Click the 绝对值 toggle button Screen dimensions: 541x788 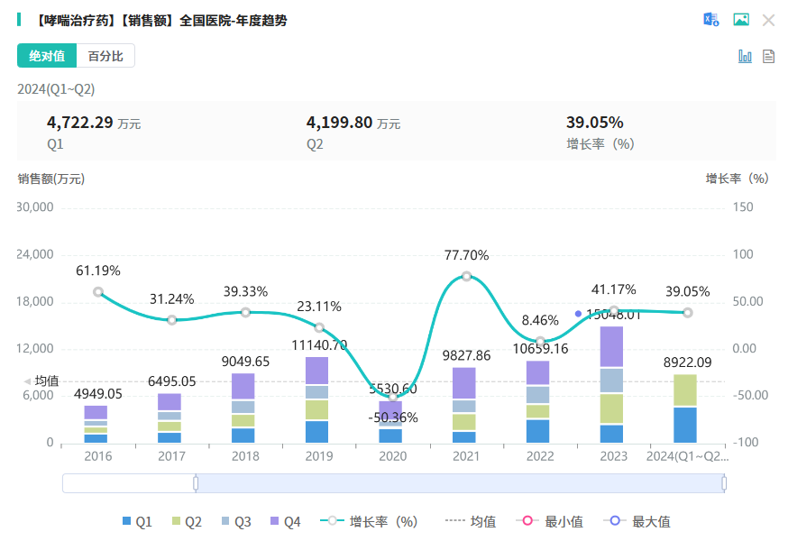tap(47, 56)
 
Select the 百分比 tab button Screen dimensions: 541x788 tap(105, 56)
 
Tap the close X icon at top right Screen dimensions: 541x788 tap(768, 20)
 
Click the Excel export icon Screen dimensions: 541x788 tap(711, 20)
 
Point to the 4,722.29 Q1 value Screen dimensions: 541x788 tap(79, 123)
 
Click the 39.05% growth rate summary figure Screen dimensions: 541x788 tap(595, 123)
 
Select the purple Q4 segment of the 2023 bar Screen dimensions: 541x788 tap(612, 347)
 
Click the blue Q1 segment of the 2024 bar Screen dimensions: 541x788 tap(685, 425)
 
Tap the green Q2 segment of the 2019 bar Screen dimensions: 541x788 tap(316, 409)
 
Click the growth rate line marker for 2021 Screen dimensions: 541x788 tap(466, 276)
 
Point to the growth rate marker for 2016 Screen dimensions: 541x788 tap(98, 291)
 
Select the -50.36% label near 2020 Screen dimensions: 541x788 tap(393, 417)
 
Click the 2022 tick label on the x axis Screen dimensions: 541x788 tap(539, 456)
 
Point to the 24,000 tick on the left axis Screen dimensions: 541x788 tap(36, 254)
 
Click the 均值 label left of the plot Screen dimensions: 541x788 tap(46, 381)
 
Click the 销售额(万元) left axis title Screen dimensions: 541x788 tap(51, 179)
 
